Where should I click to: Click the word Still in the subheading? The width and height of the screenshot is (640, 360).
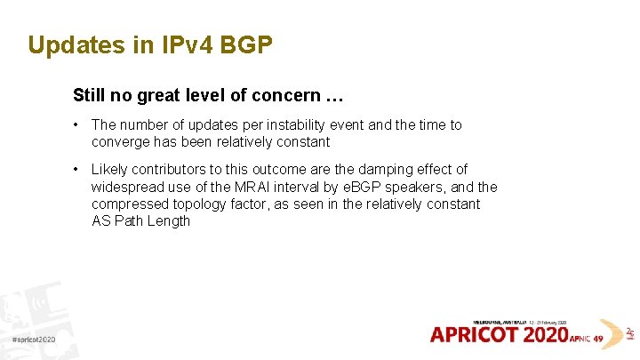[x=88, y=94]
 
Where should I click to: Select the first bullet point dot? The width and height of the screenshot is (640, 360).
[x=79, y=125]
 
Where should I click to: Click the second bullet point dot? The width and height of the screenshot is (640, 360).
[x=79, y=169]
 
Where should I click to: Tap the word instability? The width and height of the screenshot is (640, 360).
[x=290, y=125]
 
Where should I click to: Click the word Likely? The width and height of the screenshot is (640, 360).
[x=110, y=169]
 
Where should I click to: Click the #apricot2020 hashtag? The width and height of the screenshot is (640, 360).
[x=35, y=340]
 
